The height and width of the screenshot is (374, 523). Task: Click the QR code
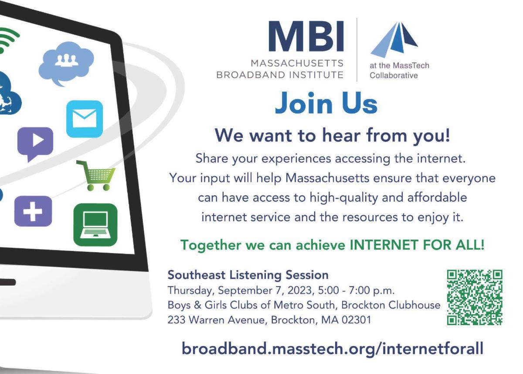pos(475,297)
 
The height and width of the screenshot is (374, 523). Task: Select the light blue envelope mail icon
pos(85,119)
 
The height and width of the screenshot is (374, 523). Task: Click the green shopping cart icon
pos(96,175)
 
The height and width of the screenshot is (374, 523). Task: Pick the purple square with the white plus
pos(33,211)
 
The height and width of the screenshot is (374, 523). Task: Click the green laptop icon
pos(95,225)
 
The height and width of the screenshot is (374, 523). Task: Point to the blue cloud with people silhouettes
pos(66,63)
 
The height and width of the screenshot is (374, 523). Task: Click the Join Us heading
pos(326,103)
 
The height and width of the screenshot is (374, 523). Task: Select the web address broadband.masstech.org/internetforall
pos(333,348)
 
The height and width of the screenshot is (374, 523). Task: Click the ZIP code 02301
pos(357,320)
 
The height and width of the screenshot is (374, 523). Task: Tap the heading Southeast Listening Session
pos(248,275)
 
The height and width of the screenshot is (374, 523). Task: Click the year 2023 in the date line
pos(301,291)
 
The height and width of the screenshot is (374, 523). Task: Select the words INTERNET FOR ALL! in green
pos(417,245)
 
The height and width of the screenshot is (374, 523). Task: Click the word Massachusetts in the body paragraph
pos(327,178)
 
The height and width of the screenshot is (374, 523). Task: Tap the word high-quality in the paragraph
pos(344,198)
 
